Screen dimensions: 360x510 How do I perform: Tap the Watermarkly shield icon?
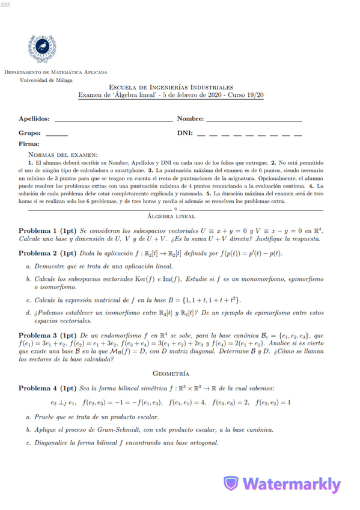click(231, 484)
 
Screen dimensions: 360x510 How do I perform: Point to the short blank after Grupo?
click(56, 135)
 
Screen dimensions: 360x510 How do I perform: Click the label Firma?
click(29, 144)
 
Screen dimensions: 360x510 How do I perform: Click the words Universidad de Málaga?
click(45, 79)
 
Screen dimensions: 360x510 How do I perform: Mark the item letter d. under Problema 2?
click(28, 313)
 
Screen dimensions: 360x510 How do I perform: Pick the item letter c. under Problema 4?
click(28, 443)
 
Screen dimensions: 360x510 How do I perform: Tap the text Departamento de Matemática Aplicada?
click(56, 72)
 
